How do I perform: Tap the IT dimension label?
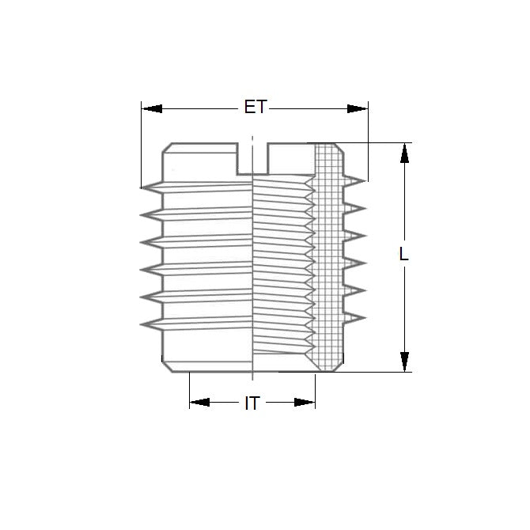point(252,403)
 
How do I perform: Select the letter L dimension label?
point(404,255)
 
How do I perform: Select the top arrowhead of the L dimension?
point(404,153)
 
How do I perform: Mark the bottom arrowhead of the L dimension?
point(404,361)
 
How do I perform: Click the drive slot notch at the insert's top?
point(252,157)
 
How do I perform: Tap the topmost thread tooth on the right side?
point(358,181)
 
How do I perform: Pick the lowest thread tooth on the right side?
point(358,317)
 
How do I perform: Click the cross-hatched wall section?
point(326,253)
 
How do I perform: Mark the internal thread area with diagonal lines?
point(281,261)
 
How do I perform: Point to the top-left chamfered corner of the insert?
point(168,148)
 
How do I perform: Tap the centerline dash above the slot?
point(252,141)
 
